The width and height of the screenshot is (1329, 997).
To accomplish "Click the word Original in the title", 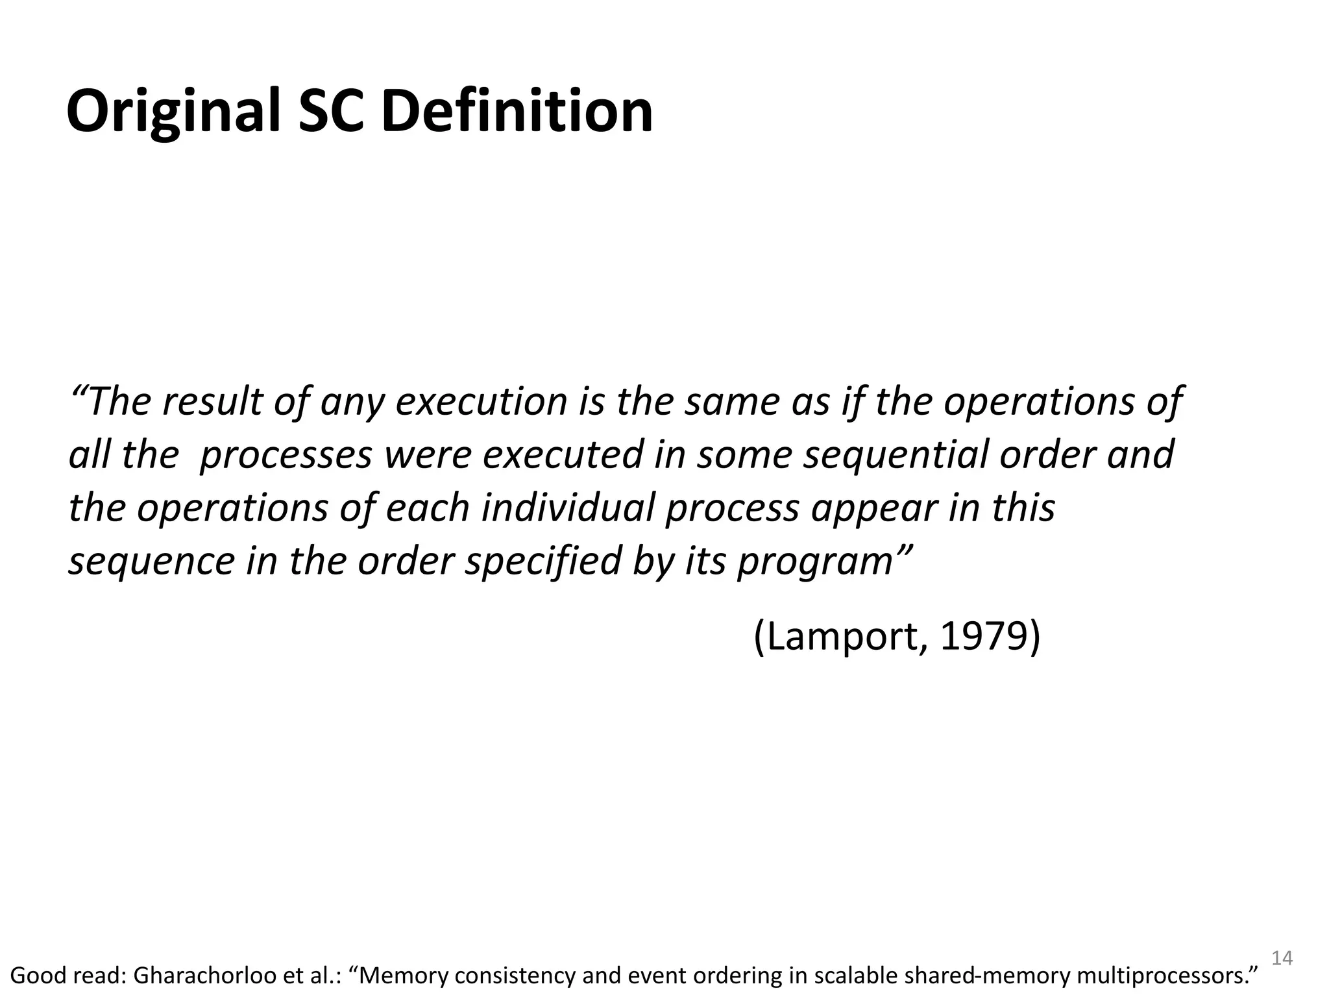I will pyautogui.click(x=173, y=112).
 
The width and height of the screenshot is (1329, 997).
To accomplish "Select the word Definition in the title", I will pyautogui.click(x=517, y=112).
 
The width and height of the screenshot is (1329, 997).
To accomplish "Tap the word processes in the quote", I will pyautogui.click(x=286, y=454).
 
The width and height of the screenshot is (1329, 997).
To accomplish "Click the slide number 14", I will pyautogui.click(x=1282, y=958).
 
